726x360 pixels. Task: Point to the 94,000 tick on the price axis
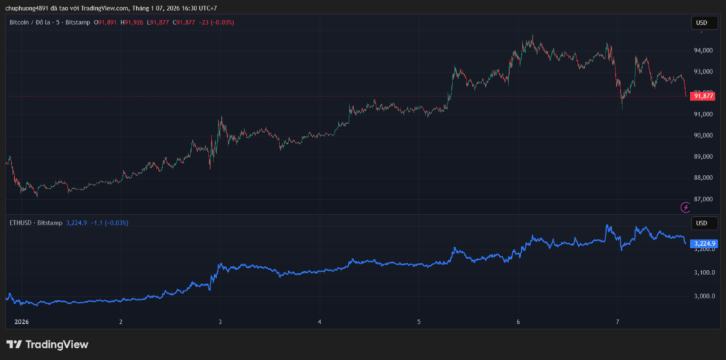click(703, 50)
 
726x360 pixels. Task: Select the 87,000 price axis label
click(703, 199)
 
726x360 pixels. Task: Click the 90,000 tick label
click(703, 135)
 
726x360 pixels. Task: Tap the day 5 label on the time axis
click(419, 322)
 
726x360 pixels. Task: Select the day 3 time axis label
click(220, 322)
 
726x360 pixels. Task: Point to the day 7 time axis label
click(618, 322)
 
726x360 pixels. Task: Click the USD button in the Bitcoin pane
click(701, 23)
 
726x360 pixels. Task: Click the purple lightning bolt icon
click(686, 207)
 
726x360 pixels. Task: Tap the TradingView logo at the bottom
click(48, 344)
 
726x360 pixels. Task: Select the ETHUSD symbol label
click(21, 223)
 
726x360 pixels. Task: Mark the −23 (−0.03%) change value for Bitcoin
click(216, 23)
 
